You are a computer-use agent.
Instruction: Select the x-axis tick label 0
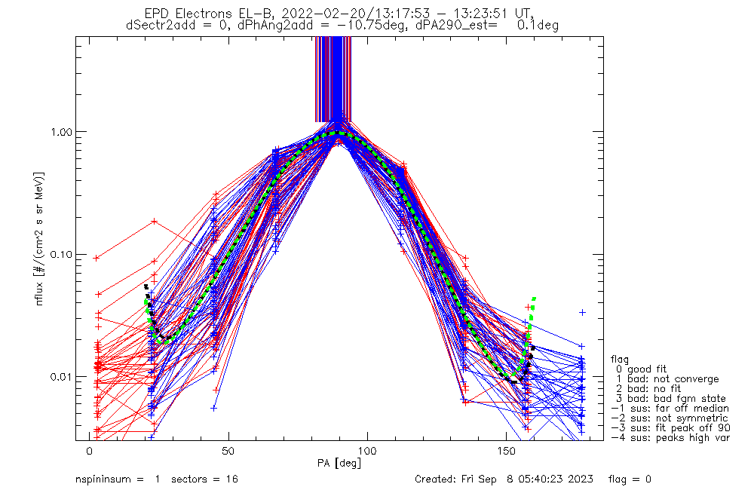(x=89, y=451)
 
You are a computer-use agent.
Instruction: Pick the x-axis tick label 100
(x=367, y=451)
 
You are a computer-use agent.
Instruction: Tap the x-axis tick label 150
(x=507, y=451)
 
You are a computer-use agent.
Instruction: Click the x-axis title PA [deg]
(x=338, y=463)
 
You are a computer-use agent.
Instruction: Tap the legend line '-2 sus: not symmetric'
(x=669, y=418)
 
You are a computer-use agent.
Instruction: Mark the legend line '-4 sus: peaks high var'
(x=670, y=437)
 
